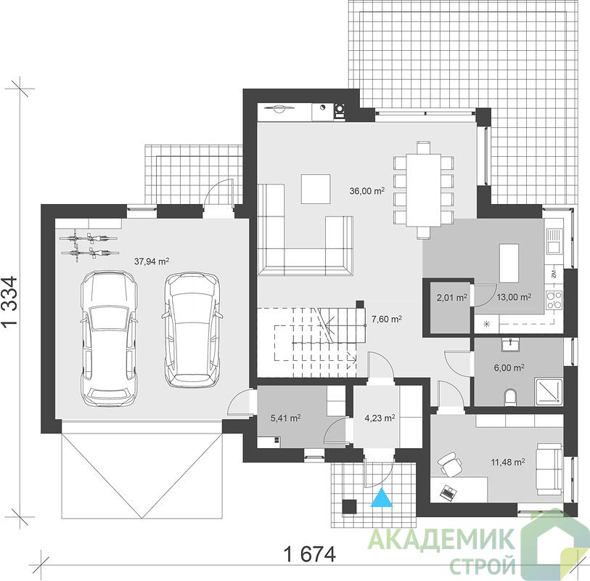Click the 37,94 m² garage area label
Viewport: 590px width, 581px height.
[x=151, y=261]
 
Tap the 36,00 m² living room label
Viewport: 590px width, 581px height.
[x=367, y=190]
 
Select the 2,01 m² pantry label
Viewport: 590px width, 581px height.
[x=451, y=298]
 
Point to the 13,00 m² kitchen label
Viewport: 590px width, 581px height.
[x=514, y=297]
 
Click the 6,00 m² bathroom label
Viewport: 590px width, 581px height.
[x=509, y=367]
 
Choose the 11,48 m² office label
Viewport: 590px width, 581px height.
[x=508, y=462]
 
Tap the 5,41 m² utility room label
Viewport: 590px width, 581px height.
[x=285, y=418]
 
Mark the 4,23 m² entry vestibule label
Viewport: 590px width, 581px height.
[x=380, y=418]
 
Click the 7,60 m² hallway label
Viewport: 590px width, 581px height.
[x=386, y=320]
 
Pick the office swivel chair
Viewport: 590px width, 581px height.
[x=449, y=464]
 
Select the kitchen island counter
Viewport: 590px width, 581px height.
[x=509, y=263]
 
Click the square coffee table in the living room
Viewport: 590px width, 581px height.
[x=315, y=189]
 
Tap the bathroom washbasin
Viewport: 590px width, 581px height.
[x=511, y=344]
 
